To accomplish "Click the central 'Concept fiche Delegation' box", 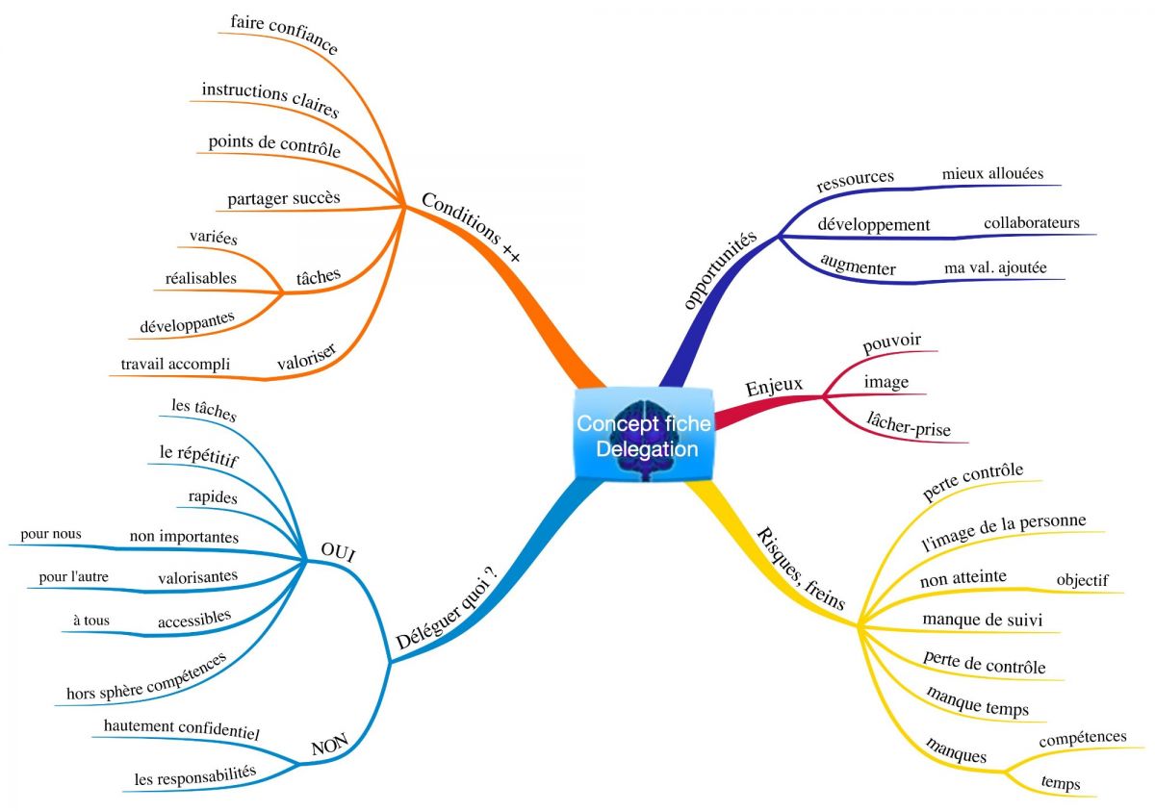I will [645, 435].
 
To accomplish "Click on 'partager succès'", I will [284, 199].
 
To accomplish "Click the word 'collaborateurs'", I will [1031, 223].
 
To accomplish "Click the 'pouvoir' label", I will [892, 342].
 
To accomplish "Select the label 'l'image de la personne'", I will [1003, 531].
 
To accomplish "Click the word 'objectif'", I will [1082, 580].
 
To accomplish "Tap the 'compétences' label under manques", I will [1083, 737].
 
